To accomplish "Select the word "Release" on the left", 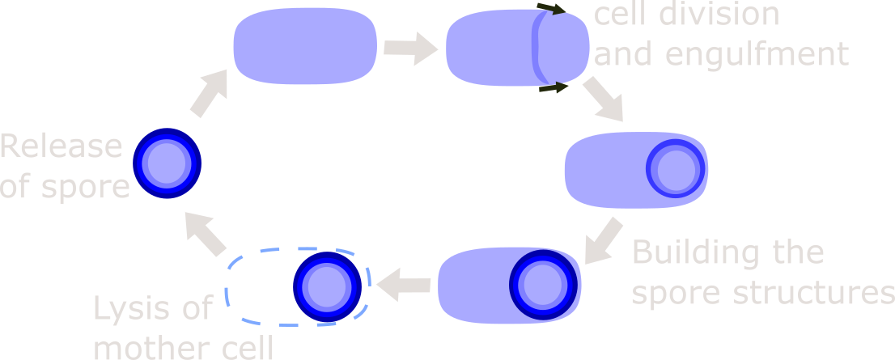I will [x=62, y=146].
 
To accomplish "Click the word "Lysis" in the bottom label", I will [x=153, y=309].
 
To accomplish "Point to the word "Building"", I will [x=695, y=252].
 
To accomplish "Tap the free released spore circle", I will [x=166, y=163].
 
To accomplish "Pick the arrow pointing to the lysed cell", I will [x=403, y=285].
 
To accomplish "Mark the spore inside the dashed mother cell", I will [x=326, y=286].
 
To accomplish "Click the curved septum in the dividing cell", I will [x=534, y=49].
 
